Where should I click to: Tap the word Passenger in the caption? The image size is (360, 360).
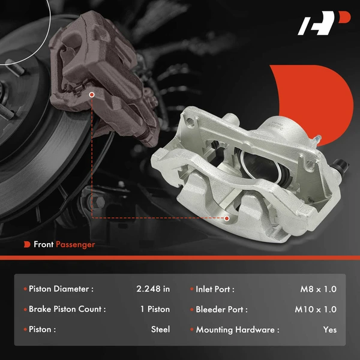click(x=75, y=244)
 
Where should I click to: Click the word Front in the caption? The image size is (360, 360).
click(x=43, y=244)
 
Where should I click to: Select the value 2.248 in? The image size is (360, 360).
click(x=153, y=289)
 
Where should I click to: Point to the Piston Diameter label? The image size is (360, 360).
click(x=61, y=289)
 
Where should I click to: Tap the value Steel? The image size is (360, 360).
click(x=160, y=329)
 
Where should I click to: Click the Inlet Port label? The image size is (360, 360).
click(x=215, y=289)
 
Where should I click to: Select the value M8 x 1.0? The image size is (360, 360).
click(x=319, y=289)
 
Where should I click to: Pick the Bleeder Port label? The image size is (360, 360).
click(x=221, y=310)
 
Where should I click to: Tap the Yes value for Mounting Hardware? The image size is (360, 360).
click(x=329, y=329)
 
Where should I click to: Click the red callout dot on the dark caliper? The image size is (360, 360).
click(x=92, y=94)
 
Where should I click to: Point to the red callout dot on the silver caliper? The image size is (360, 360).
click(x=226, y=218)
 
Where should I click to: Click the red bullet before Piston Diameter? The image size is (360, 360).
click(x=25, y=289)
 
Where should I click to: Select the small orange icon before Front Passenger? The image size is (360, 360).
click(x=27, y=244)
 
